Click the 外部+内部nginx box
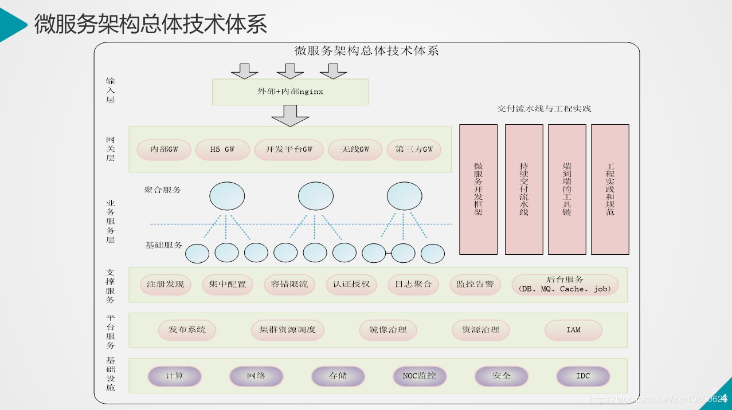(x=290, y=92)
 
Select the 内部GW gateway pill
(x=164, y=149)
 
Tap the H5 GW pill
(x=222, y=149)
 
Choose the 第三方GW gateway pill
(x=414, y=149)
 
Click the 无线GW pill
(x=355, y=149)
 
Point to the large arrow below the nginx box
(x=290, y=116)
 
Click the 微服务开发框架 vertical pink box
(x=478, y=189)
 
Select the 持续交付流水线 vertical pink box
(x=523, y=189)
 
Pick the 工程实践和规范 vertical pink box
(x=610, y=189)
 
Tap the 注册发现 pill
(x=166, y=285)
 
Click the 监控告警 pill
(x=475, y=285)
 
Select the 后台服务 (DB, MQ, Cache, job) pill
(x=565, y=285)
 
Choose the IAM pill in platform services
(x=573, y=330)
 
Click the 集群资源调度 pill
(x=287, y=330)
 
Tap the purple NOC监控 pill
(x=419, y=376)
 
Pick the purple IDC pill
(x=583, y=376)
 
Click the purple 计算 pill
(x=175, y=376)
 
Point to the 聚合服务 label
(x=162, y=190)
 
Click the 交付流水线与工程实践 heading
(x=544, y=108)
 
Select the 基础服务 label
(x=163, y=245)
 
